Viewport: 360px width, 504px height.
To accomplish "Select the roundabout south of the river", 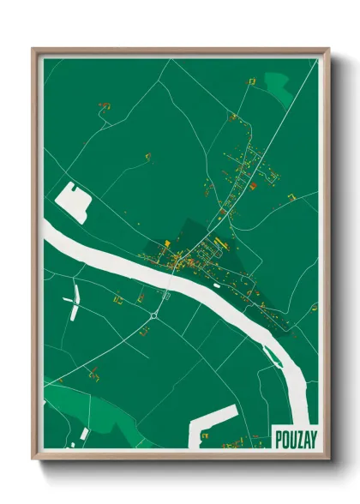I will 153,316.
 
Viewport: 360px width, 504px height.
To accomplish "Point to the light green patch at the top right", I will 276,83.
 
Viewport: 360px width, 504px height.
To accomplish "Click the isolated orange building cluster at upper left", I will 105,105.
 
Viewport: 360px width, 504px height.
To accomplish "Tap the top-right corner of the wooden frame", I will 327,50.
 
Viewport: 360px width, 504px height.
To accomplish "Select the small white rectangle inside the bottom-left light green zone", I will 84,433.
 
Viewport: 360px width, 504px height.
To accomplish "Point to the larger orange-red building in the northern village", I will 253,183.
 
